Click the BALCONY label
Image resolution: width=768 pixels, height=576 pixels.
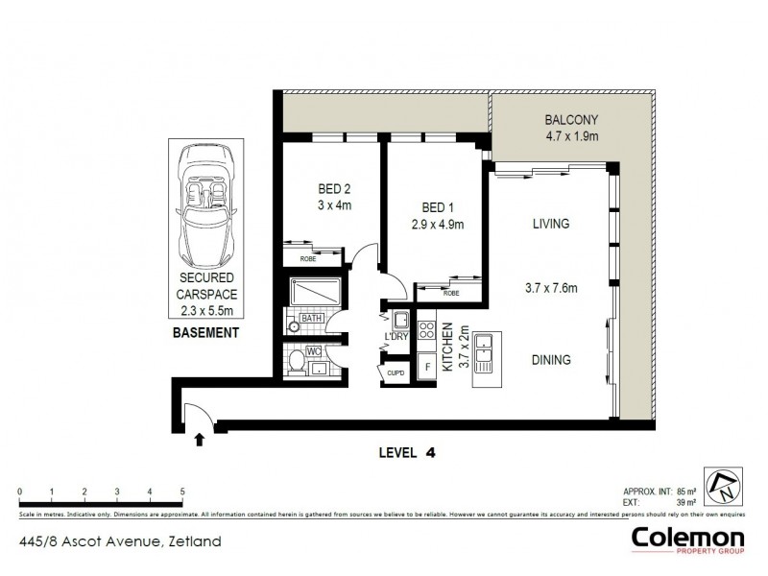point(571,120)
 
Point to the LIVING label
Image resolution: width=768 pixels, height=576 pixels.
point(551,224)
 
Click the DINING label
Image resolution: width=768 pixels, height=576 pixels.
point(551,360)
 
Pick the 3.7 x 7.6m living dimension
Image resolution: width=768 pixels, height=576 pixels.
point(551,286)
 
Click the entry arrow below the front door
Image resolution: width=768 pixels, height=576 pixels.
point(199,440)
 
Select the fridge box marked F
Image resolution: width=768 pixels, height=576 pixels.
point(427,367)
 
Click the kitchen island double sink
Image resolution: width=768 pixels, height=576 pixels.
point(485,352)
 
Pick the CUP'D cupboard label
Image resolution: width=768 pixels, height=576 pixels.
point(396,367)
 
